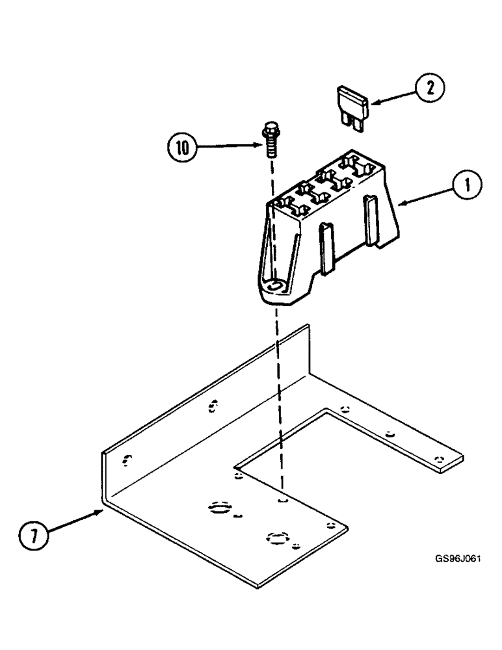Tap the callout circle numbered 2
pyautogui.click(x=430, y=86)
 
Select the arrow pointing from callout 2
pyautogui.click(x=390, y=96)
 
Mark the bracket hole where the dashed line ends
pyautogui.click(x=282, y=500)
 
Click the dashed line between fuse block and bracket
pyautogui.click(x=278, y=390)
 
